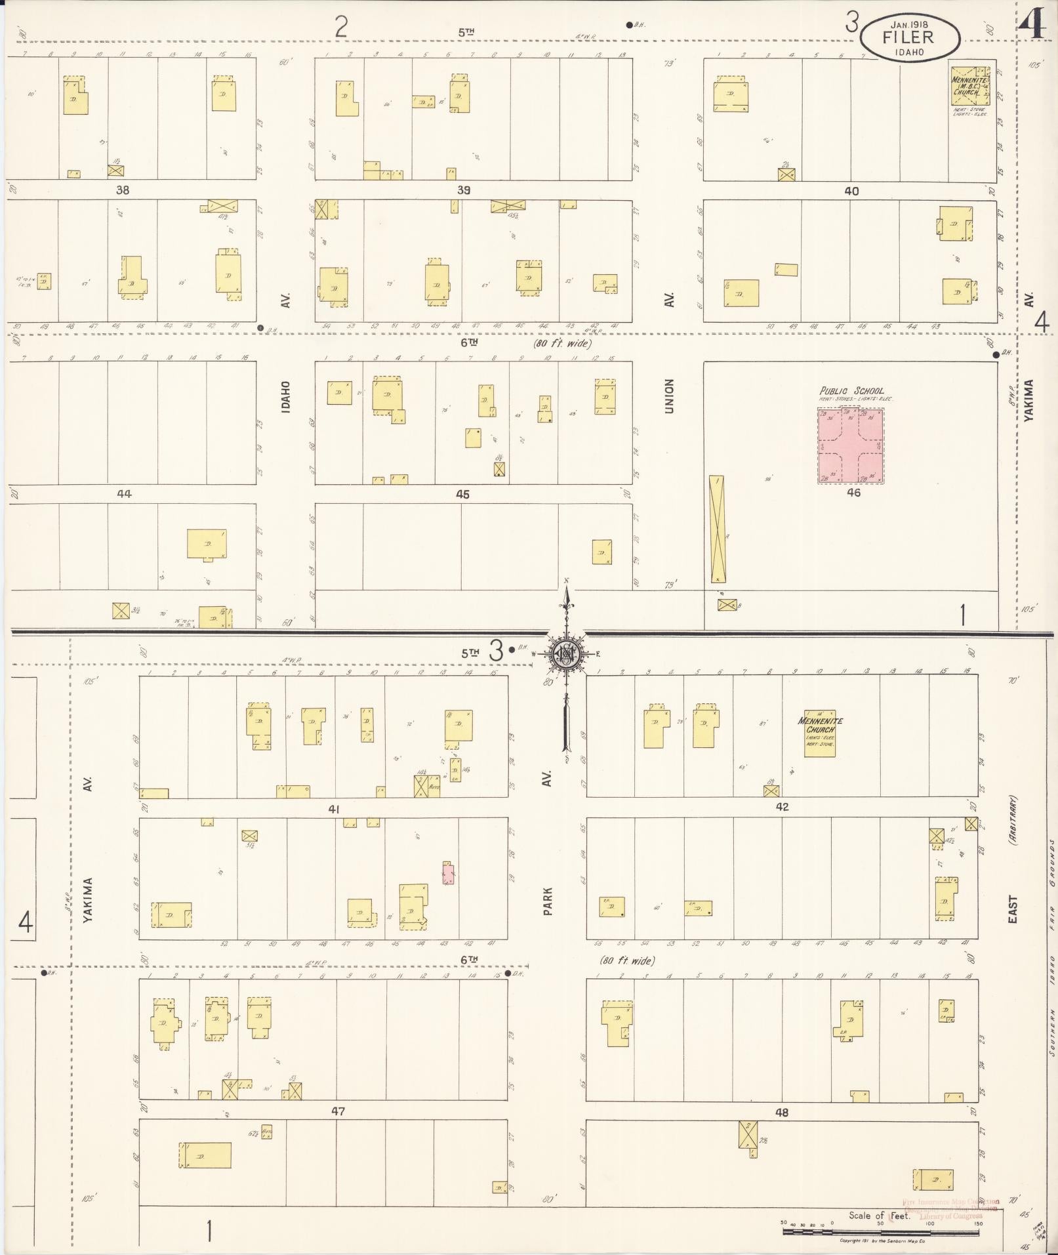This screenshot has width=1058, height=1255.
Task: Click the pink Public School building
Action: pyautogui.click(x=850, y=445)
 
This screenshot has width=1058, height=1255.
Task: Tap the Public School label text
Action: pyautogui.click(x=851, y=390)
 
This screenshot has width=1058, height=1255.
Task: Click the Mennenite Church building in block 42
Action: pyautogui.click(x=820, y=733)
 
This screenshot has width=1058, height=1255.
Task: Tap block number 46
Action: pyautogui.click(x=853, y=492)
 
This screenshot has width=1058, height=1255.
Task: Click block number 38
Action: pyautogui.click(x=123, y=190)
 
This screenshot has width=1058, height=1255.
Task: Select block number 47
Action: pyautogui.click(x=338, y=1111)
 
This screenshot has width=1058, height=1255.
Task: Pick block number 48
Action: pyautogui.click(x=781, y=1112)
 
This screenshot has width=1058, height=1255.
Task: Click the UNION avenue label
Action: pyautogui.click(x=669, y=396)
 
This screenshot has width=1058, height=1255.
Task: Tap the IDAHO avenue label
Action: pyautogui.click(x=285, y=396)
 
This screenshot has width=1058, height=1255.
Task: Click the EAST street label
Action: pyautogui.click(x=1012, y=910)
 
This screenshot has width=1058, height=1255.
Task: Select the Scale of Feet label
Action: pyautogui.click(x=879, y=1215)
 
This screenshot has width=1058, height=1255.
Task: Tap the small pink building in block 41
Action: pyautogui.click(x=449, y=873)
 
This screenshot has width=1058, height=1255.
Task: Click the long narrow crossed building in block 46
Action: pyautogui.click(x=718, y=529)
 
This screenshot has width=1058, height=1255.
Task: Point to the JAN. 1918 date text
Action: pyautogui.click(x=909, y=22)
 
